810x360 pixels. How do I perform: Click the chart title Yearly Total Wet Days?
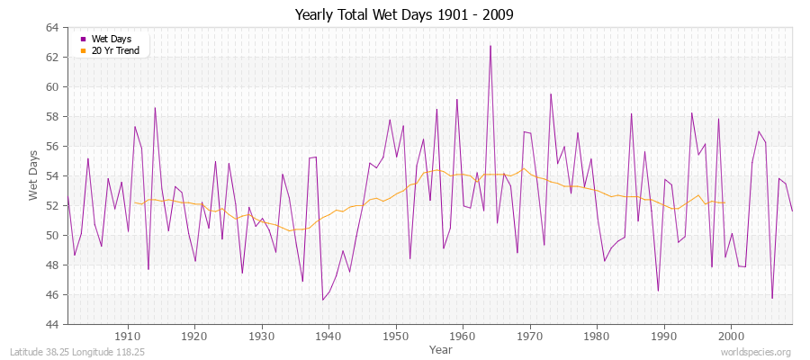(404, 15)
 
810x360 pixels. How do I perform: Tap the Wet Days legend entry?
(110, 39)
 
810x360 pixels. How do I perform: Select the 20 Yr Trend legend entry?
(115, 50)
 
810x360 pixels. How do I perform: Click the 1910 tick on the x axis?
(128, 335)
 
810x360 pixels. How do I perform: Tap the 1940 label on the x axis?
(328, 335)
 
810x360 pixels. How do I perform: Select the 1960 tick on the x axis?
(463, 335)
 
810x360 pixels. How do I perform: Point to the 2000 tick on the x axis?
(731, 335)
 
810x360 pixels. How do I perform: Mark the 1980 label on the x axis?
(597, 335)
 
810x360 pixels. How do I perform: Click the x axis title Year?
(441, 349)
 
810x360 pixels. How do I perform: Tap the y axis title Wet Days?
(33, 175)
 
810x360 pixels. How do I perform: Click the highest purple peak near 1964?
(490, 46)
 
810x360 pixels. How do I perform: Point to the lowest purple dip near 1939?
(322, 300)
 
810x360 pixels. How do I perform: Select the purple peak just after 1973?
(551, 94)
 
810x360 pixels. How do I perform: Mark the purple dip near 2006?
(772, 298)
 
